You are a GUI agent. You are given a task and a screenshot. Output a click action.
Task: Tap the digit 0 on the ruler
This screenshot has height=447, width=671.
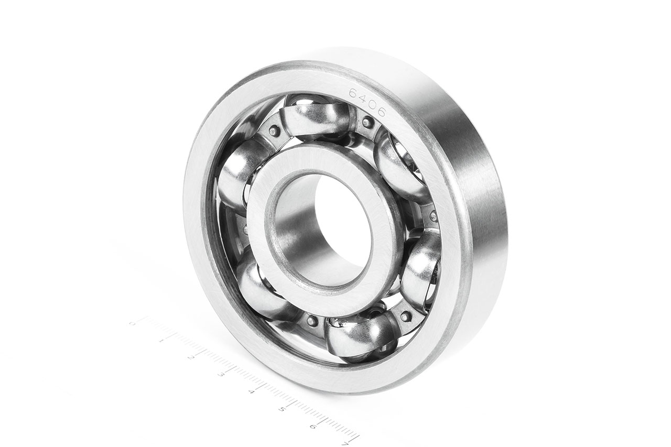tap(132, 323)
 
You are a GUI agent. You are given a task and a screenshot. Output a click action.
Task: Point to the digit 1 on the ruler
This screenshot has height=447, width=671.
tap(161, 340)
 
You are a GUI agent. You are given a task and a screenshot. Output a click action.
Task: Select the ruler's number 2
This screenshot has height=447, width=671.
tap(191, 357)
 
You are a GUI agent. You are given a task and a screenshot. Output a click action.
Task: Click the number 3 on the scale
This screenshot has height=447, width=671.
tap(222, 374)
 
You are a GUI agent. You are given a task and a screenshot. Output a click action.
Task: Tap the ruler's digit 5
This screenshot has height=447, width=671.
tap(283, 409)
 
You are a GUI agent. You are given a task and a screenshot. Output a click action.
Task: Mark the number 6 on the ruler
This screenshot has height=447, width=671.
tap(313, 426)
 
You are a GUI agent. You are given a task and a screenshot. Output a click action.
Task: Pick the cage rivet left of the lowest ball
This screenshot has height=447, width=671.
tap(312, 321)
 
